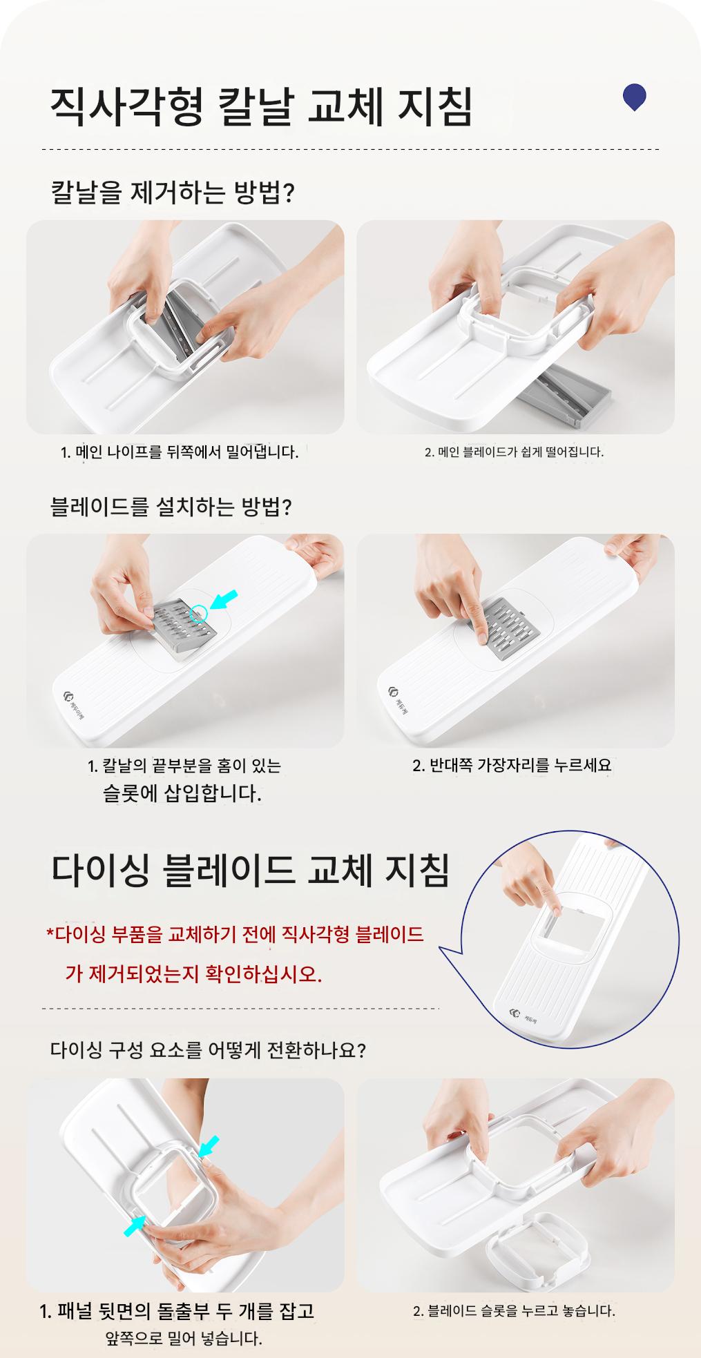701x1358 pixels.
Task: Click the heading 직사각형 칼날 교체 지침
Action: (262, 106)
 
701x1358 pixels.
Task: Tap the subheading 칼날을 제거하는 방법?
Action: (173, 191)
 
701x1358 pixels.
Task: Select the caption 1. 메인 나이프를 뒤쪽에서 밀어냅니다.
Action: (180, 453)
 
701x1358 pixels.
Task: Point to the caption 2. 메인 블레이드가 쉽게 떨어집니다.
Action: (514, 453)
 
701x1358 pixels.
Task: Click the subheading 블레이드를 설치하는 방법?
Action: (171, 507)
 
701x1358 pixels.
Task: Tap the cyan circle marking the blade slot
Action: (199, 612)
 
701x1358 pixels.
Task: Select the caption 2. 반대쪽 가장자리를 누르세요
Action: (512, 765)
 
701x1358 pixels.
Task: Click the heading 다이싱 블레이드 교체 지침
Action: (251, 872)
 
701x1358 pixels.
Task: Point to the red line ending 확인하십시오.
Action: (194, 974)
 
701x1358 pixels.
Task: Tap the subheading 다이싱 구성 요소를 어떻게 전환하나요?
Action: (209, 1051)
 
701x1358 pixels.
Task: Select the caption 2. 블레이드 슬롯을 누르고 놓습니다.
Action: (514, 1310)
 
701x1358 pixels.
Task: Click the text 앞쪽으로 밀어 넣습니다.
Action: (184, 1339)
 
